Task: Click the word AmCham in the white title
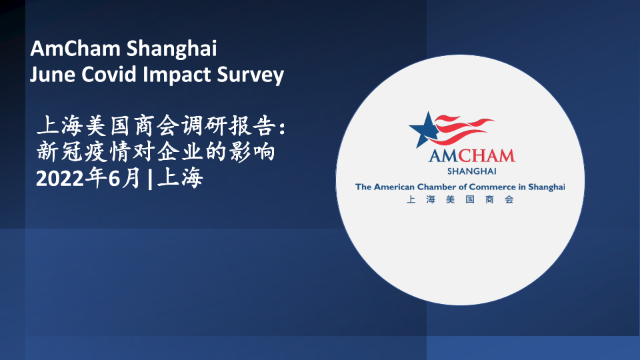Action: tap(75, 48)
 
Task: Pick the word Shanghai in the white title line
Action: tap(171, 49)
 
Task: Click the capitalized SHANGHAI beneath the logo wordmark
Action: tap(472, 171)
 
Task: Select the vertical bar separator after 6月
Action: tap(150, 179)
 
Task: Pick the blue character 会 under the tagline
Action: tap(509, 199)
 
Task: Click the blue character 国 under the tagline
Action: tap(470, 199)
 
